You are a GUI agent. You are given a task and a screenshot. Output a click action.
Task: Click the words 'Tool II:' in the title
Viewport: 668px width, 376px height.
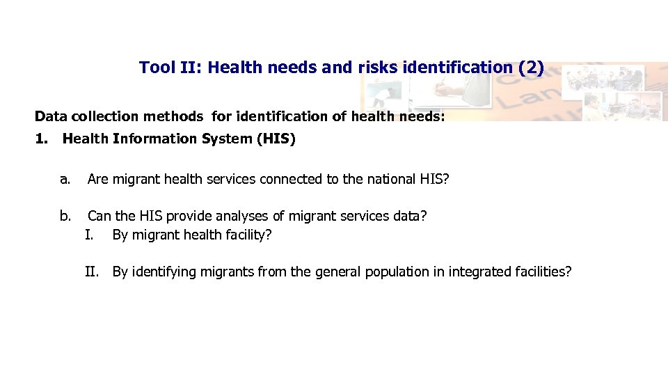coord(170,68)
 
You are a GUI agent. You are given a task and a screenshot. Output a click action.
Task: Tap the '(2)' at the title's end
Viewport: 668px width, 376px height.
coord(531,68)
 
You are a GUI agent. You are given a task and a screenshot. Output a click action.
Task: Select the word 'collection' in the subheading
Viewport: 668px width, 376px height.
coord(98,116)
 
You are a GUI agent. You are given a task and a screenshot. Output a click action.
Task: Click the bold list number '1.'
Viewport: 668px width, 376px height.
coord(42,139)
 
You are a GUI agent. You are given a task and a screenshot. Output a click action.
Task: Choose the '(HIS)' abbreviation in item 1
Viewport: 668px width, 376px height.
coord(276,139)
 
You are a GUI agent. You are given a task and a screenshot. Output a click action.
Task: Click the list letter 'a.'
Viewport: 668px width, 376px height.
coord(65,180)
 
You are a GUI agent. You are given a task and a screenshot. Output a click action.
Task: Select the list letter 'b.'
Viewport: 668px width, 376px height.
coord(65,216)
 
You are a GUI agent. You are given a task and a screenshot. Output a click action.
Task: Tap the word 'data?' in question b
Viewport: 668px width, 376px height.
coord(410,216)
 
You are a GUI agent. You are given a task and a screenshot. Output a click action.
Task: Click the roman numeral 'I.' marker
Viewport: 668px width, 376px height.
coord(89,235)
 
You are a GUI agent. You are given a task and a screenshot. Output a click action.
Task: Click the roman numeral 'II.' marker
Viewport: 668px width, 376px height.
coord(92,272)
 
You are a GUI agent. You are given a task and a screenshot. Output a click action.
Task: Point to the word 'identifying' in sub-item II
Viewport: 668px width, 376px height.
coord(164,272)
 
